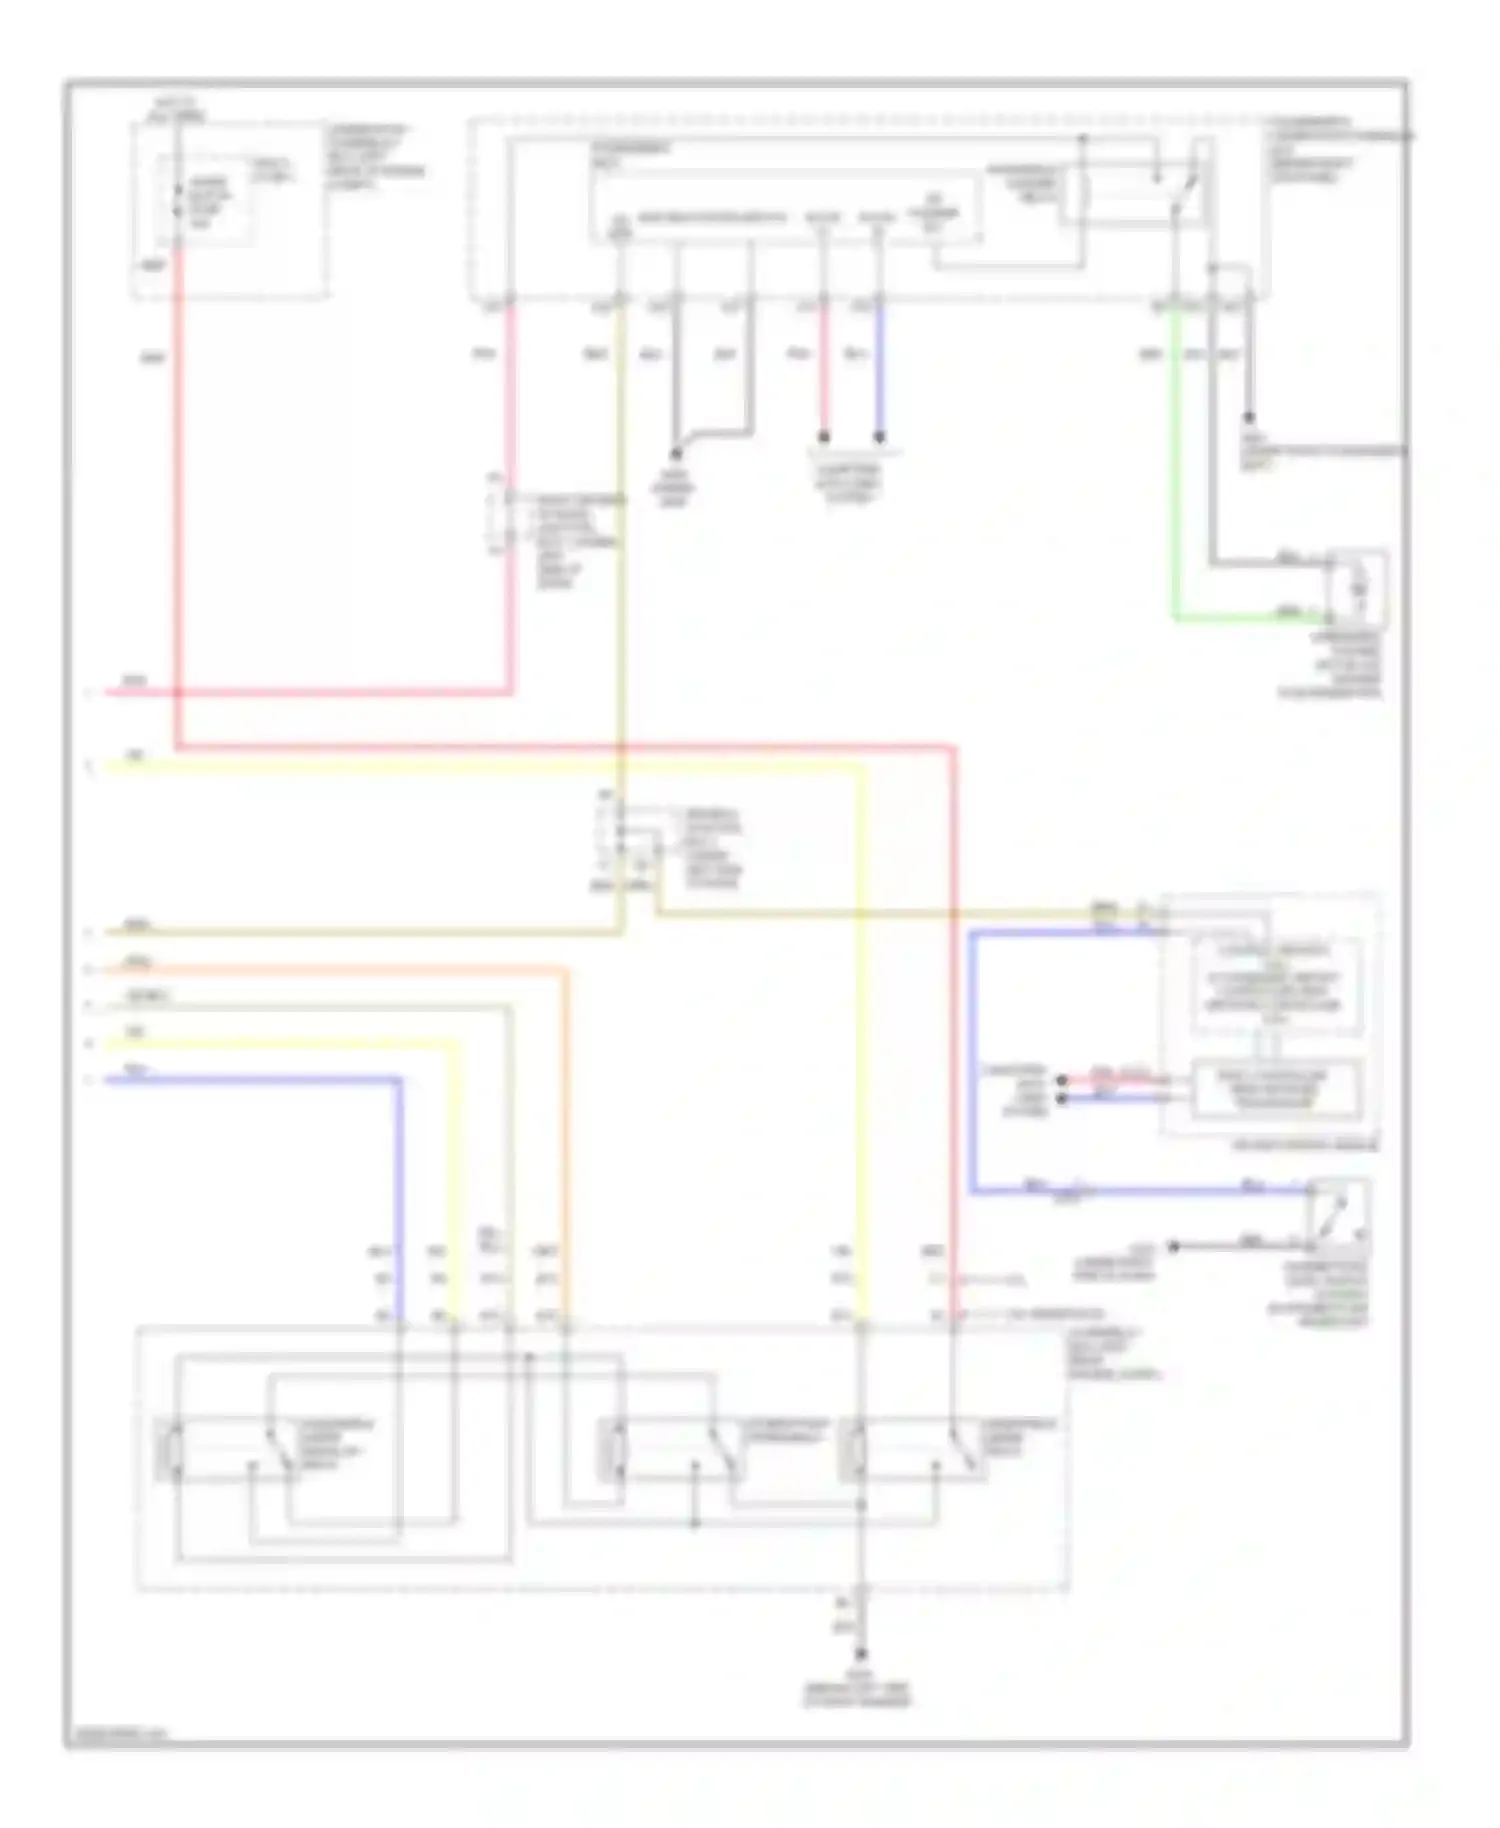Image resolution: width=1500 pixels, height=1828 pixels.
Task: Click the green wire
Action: [1176, 480]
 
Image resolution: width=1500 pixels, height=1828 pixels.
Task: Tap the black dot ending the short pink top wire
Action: [824, 437]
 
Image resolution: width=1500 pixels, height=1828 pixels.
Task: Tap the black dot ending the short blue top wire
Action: [880, 437]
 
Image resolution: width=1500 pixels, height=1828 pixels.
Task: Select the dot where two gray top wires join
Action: [676, 454]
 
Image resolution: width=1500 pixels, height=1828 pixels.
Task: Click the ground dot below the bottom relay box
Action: [861, 1654]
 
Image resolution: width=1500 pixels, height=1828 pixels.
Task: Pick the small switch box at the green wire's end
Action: [1358, 589]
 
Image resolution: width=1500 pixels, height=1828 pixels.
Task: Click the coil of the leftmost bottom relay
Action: [170, 1449]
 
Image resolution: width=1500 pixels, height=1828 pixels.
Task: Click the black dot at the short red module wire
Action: [1062, 1080]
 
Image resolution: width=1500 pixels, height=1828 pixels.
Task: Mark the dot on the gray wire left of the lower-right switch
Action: [1175, 1246]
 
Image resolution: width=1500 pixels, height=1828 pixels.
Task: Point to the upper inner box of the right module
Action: [1276, 986]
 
